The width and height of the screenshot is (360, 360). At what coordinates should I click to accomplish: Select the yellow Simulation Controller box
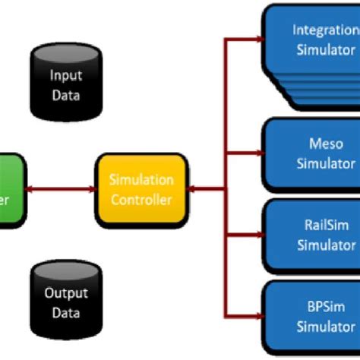[141, 190]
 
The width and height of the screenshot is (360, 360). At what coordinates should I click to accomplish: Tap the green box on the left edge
[12, 190]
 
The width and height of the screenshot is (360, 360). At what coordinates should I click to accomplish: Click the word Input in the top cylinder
[65, 75]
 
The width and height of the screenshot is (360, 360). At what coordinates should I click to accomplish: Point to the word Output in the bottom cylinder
[65, 293]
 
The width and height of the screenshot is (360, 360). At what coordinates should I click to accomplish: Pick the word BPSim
[325, 308]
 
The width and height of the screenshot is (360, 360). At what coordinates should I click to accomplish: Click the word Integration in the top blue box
[325, 30]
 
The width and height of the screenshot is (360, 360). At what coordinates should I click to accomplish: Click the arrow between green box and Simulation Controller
[61, 190]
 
